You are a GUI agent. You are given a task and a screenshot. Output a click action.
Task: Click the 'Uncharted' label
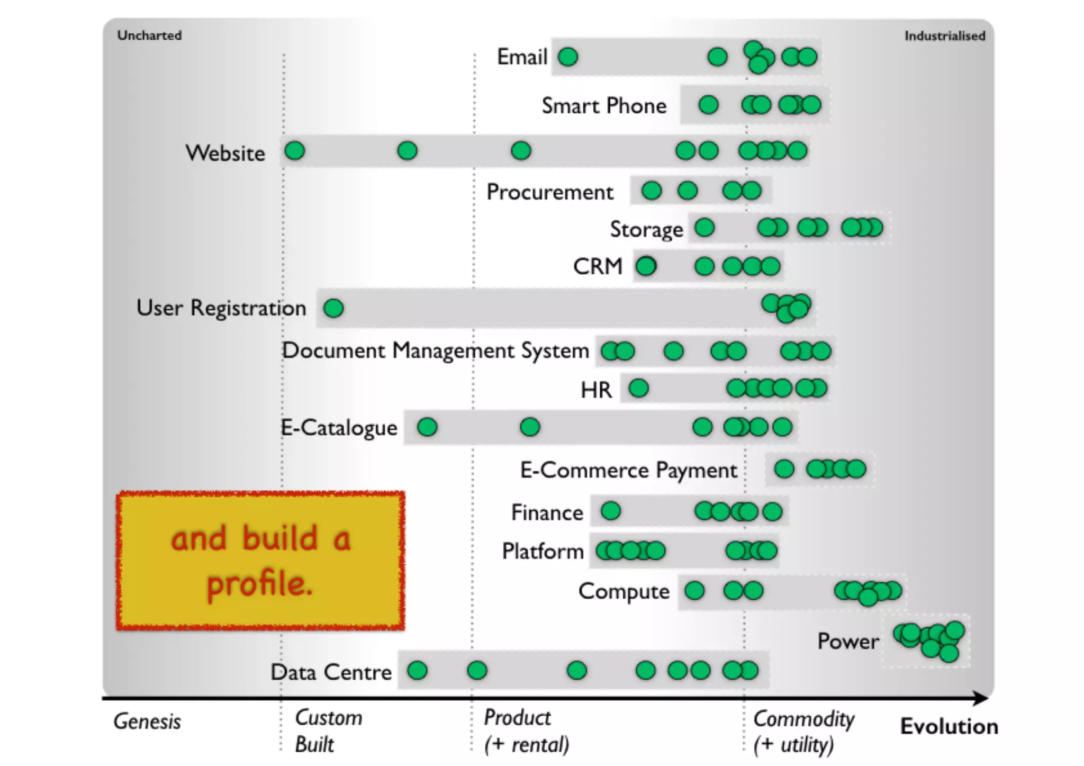pyautogui.click(x=149, y=35)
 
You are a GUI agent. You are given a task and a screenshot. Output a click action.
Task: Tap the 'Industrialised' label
pyautogui.click(x=944, y=36)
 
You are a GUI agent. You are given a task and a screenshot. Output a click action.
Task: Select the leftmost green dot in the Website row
pyautogui.click(x=295, y=151)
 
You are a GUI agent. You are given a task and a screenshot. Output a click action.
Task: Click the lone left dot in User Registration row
pyautogui.click(x=333, y=308)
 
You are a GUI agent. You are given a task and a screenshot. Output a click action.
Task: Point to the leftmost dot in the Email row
pyautogui.click(x=568, y=57)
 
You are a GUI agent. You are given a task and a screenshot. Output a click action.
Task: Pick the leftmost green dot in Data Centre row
pyautogui.click(x=417, y=671)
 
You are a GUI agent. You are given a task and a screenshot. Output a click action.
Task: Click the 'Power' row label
pyautogui.click(x=848, y=642)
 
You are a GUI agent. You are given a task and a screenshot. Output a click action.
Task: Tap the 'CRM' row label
pyautogui.click(x=598, y=266)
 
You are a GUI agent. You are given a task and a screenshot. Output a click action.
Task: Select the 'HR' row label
pyautogui.click(x=596, y=390)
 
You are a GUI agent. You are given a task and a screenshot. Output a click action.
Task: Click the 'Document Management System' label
pyautogui.click(x=435, y=351)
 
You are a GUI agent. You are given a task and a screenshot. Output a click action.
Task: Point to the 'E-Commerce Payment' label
pyautogui.click(x=628, y=470)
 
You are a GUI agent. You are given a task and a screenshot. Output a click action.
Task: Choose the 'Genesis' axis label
pyautogui.click(x=147, y=722)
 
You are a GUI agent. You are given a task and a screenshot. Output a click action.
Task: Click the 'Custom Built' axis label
pyautogui.click(x=328, y=731)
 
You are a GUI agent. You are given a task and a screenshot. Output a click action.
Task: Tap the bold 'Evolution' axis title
pyautogui.click(x=949, y=726)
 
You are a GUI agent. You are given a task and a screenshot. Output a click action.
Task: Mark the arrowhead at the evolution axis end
pyautogui.click(x=982, y=699)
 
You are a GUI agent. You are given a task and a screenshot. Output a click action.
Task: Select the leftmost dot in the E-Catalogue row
pyautogui.click(x=427, y=427)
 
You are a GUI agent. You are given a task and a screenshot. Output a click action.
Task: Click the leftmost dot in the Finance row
pyautogui.click(x=611, y=511)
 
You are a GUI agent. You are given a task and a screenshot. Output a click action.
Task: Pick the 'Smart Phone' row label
pyautogui.click(x=604, y=106)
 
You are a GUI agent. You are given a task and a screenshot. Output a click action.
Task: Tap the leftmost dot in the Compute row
pyautogui.click(x=694, y=591)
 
